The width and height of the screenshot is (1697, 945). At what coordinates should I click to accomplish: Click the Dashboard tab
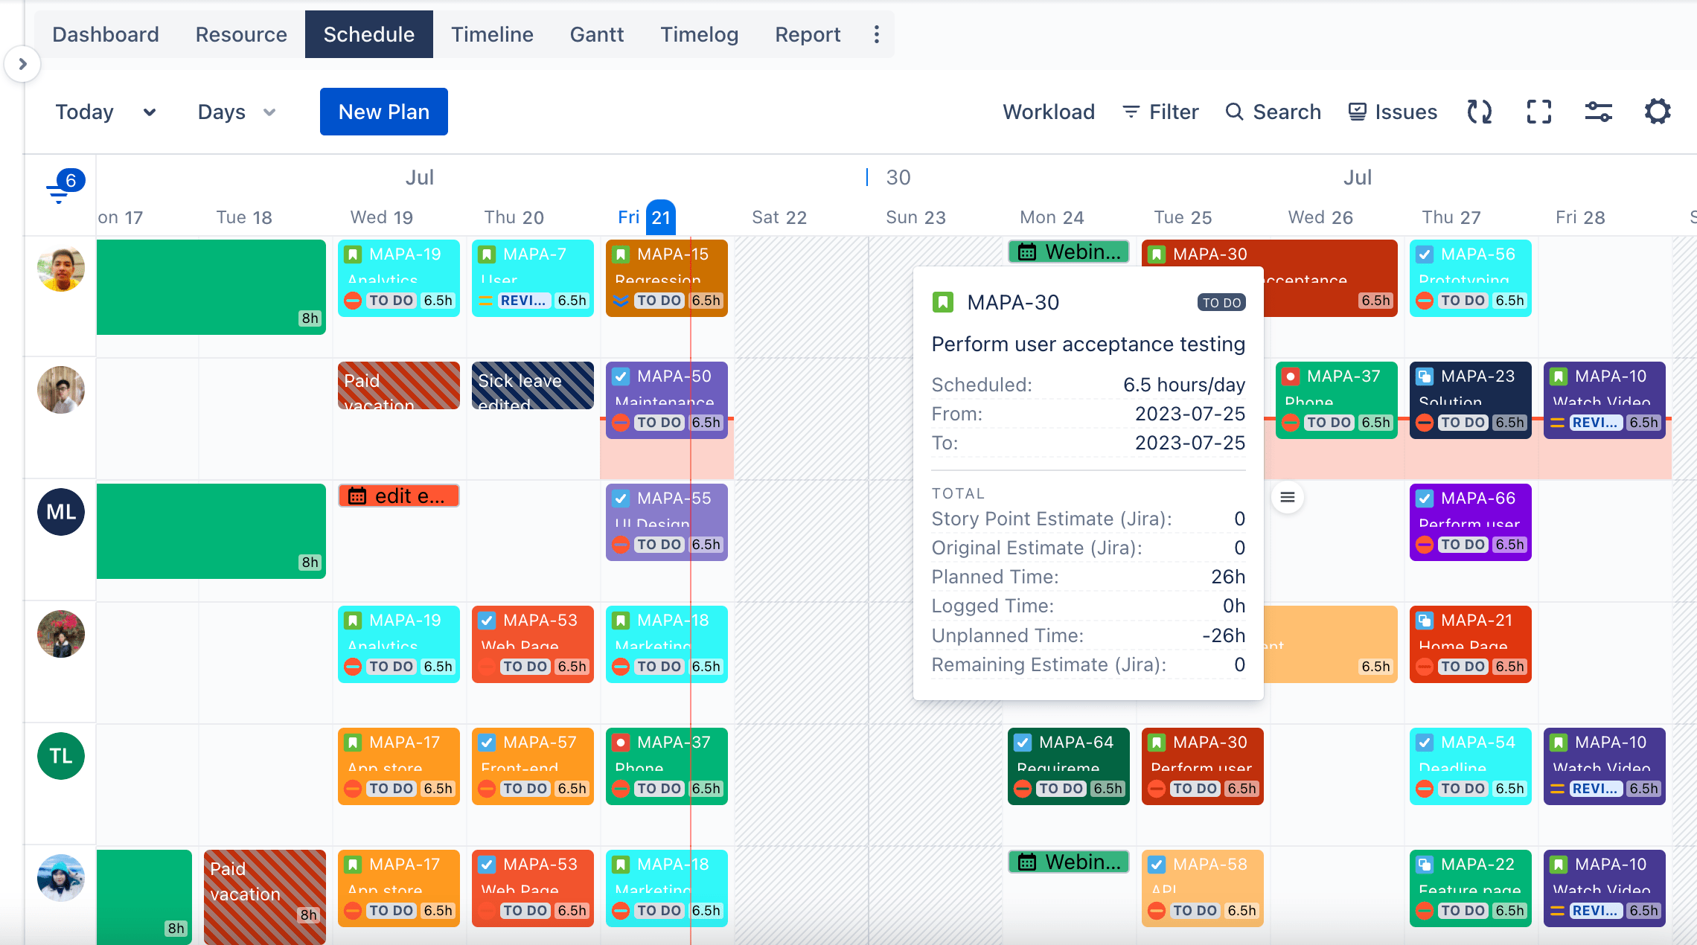106,34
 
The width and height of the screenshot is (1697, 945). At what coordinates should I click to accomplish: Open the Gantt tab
596,34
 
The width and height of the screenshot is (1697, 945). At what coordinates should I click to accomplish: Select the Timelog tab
699,34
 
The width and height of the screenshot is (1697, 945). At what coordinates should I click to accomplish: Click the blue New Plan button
383,112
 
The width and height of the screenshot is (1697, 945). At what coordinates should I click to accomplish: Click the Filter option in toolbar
1160,112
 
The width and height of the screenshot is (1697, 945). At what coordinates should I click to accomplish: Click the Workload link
1048,112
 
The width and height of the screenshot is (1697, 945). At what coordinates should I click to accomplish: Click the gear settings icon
1657,112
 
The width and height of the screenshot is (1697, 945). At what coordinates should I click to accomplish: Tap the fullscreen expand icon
1538,112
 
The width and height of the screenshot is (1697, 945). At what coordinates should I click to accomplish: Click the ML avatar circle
61,512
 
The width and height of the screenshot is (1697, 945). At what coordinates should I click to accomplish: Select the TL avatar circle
61,756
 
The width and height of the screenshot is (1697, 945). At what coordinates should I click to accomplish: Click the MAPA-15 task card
666,277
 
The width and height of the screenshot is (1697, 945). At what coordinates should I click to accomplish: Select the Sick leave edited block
532,385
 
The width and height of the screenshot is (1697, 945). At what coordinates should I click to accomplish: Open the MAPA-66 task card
1470,521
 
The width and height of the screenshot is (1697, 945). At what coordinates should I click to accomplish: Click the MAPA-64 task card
1068,765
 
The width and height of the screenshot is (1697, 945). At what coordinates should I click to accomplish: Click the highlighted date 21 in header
660,217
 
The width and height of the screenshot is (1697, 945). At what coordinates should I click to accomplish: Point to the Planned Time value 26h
1227,577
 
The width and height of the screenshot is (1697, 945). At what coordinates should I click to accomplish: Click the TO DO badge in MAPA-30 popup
1221,303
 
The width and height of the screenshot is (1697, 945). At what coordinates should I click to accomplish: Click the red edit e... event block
398,496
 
